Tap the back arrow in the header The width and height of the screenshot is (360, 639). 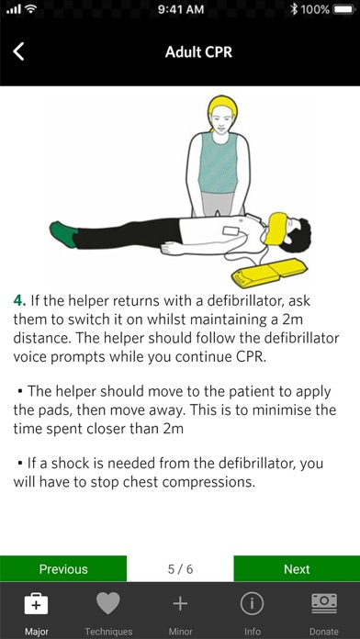[18, 51]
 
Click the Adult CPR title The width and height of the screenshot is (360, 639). [198, 52]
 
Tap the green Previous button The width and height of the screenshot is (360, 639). [63, 569]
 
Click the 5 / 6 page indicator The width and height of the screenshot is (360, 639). [180, 569]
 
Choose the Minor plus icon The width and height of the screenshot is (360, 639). [180, 603]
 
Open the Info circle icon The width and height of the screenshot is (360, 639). [252, 603]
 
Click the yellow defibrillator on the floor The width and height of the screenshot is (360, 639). [269, 271]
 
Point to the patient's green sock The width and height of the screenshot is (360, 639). [63, 234]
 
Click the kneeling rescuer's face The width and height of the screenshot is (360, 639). [222, 119]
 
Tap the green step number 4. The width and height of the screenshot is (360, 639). [19, 301]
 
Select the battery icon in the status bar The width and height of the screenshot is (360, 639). [343, 9]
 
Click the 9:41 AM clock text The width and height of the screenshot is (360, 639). [180, 9]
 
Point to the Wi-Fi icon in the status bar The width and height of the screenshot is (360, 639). [30, 9]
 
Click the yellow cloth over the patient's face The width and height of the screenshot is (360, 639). [277, 229]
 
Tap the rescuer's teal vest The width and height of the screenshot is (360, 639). [218, 163]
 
